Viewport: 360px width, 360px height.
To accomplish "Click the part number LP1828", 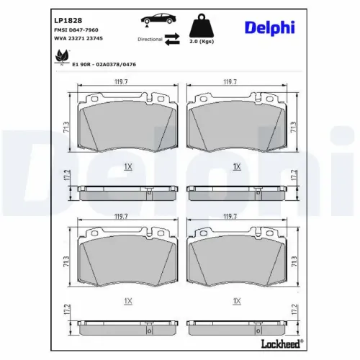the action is [x=68, y=20].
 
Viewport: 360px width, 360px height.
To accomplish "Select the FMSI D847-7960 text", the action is [x=76, y=30].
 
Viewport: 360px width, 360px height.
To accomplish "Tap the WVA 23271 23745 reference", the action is [x=78, y=38].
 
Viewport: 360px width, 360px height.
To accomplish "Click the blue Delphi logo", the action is [x=270, y=28].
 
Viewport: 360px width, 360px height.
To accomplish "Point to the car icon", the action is [x=158, y=19].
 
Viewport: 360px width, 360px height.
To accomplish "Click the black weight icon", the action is [x=202, y=26].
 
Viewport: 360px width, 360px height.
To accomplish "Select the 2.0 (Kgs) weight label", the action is [x=202, y=41].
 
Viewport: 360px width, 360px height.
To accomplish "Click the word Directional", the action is [x=150, y=39].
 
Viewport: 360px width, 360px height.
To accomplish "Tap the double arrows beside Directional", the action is [x=172, y=40].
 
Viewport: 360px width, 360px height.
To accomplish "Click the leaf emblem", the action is [x=62, y=57].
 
